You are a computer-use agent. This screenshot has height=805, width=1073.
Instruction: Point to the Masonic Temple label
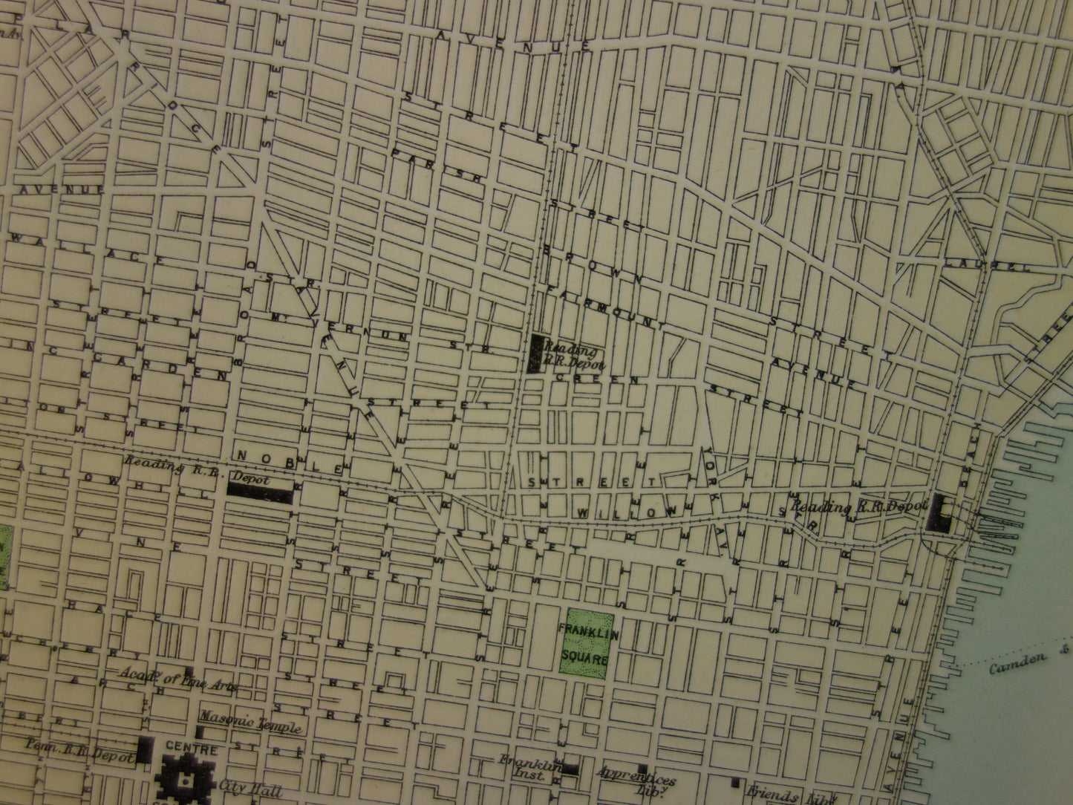click(250, 722)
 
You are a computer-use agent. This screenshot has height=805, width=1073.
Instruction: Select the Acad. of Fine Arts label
click(179, 679)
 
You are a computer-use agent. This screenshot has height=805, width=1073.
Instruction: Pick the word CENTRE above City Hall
click(191, 749)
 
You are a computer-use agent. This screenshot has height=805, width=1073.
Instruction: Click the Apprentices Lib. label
click(637, 784)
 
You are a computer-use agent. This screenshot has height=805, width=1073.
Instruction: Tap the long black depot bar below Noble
click(258, 489)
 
